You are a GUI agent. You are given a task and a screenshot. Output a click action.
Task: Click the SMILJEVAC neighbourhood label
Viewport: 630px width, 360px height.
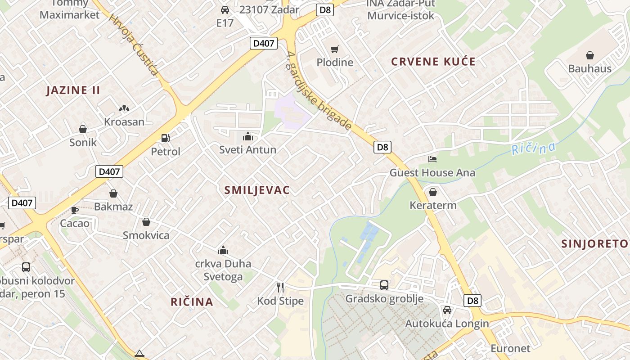pos(257,190)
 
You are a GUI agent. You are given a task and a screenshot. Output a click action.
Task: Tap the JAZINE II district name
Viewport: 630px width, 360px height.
pos(73,90)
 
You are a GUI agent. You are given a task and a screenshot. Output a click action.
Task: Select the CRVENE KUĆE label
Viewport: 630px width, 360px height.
pos(433,62)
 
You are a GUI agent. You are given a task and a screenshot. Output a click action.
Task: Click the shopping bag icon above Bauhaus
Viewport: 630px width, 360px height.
pos(590,55)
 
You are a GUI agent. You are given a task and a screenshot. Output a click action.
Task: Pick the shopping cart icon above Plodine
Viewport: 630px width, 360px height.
pos(334,49)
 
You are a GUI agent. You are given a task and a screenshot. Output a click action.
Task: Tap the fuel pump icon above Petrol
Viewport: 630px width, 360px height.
pos(166,138)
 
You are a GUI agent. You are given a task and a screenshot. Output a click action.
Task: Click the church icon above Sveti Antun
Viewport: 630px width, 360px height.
pos(247,136)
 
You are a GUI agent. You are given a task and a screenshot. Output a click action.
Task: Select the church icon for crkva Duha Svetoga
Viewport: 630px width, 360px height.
pos(223,250)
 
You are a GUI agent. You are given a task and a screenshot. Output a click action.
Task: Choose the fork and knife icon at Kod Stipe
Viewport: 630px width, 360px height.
pos(280,287)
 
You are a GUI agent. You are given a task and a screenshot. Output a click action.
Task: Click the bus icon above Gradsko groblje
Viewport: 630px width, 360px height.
pos(384,285)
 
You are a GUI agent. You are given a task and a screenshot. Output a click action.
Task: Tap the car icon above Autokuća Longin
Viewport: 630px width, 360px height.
pos(447,310)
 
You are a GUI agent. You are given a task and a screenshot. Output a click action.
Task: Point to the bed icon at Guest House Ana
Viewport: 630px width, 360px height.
pos(432,159)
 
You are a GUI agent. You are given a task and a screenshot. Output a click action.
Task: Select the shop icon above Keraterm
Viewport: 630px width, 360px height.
pos(433,192)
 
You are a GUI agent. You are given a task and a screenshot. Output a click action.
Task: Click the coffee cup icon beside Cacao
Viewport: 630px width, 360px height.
pos(75,210)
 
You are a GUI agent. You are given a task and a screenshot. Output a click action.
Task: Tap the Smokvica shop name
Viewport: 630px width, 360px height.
pos(146,235)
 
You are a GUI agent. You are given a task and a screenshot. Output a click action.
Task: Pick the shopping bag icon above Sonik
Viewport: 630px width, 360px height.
pos(83,129)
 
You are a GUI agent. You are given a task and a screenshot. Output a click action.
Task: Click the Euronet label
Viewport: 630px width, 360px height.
pos(510,348)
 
